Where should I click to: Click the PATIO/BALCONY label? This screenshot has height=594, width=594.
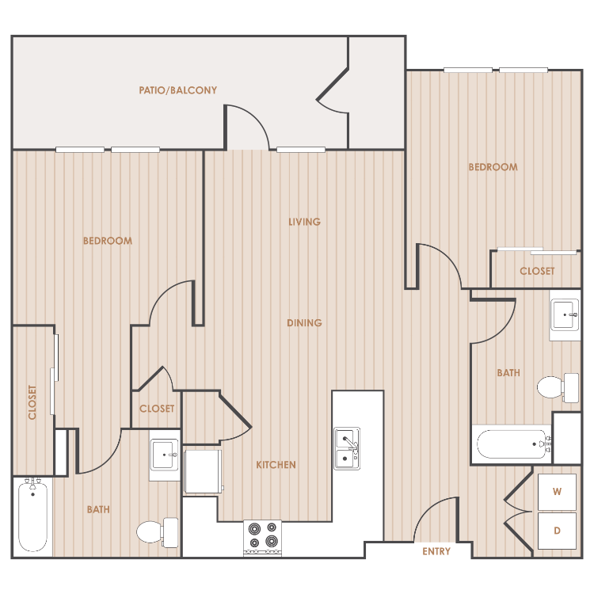click(177, 90)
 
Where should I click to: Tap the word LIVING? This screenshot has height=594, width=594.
click(305, 222)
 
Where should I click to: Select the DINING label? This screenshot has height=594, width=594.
click(305, 323)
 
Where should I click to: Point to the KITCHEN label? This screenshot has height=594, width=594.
click(276, 465)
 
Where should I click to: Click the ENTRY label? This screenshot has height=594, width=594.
click(436, 551)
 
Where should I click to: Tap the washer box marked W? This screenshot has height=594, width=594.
click(557, 492)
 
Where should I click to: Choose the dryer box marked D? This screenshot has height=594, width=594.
click(557, 531)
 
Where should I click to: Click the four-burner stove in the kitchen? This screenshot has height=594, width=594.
click(262, 538)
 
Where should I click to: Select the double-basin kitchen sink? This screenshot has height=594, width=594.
click(347, 449)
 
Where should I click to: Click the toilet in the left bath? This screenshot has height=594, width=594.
click(158, 531)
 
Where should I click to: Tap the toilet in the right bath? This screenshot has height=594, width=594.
click(558, 387)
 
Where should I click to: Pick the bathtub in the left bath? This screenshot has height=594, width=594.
click(33, 516)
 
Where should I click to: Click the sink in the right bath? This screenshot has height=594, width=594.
click(565, 315)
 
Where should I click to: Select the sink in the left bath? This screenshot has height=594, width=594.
click(165, 455)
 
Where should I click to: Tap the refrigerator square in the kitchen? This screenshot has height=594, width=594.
click(203, 472)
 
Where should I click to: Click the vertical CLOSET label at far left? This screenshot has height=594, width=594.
click(32, 402)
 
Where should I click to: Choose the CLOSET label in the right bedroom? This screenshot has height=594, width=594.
click(537, 271)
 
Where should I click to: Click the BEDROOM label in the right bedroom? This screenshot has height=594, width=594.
click(493, 167)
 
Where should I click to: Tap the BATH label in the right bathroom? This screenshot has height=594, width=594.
click(508, 373)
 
